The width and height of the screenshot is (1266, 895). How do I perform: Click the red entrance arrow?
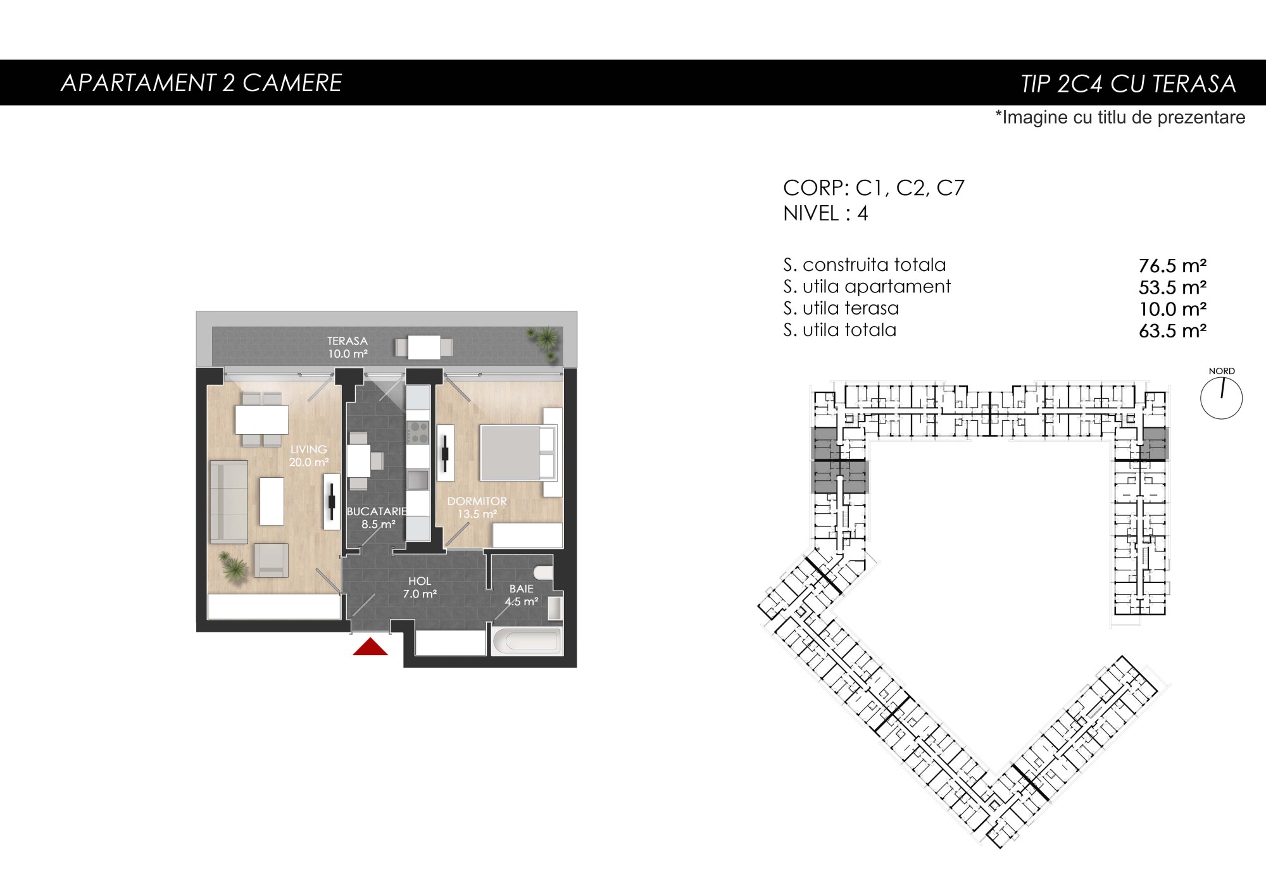[x=370, y=647]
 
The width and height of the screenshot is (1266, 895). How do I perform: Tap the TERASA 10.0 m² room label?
[x=348, y=347]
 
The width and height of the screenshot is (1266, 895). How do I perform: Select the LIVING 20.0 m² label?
[x=309, y=456]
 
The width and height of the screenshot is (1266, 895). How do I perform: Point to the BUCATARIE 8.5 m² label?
[x=377, y=518]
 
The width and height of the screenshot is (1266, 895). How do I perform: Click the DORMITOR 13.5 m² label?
[x=477, y=508]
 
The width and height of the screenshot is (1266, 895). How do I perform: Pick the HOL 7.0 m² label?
[x=420, y=587]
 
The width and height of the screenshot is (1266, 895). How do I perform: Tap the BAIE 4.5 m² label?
[x=522, y=595]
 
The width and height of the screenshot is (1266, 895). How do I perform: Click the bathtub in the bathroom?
[x=527, y=641]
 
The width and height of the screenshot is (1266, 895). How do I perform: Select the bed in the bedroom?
[x=518, y=453]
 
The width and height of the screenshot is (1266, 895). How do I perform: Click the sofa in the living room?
[x=229, y=502]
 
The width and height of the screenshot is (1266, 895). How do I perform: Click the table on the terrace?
[x=424, y=347]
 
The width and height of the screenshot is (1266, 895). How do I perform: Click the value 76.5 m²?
[x=1172, y=266]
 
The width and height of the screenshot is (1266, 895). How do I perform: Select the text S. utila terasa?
[x=841, y=308]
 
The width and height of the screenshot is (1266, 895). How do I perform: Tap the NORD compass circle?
[x=1221, y=399]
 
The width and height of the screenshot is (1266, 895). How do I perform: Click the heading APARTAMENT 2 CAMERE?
[x=201, y=83]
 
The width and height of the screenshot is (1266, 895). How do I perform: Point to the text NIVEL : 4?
[x=825, y=213]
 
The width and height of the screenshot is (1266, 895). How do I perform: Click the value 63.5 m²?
[x=1172, y=331]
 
